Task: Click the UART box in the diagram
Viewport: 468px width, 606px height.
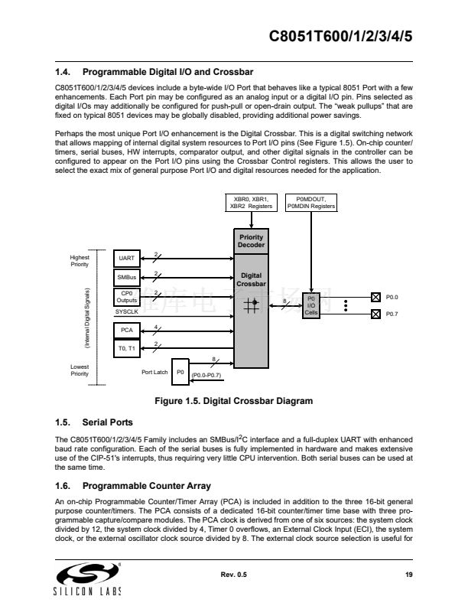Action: tap(127, 258)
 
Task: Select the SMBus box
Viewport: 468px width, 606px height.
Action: tap(127, 276)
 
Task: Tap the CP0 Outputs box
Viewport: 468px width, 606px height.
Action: tap(127, 296)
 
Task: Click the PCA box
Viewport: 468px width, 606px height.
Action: tap(127, 331)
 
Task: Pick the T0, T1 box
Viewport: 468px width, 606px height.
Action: tap(127, 348)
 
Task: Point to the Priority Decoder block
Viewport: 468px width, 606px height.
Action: tap(252, 241)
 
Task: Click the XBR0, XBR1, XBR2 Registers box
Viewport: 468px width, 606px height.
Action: tap(251, 203)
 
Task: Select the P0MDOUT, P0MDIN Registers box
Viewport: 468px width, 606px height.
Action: tap(310, 203)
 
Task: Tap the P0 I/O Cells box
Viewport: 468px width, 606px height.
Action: tap(311, 305)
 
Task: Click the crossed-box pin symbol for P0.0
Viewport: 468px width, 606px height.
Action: tap(375, 297)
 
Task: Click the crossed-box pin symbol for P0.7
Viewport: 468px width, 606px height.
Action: tap(375, 314)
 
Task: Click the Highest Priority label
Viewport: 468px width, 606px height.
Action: tap(80, 261)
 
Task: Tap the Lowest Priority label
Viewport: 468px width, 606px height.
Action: tap(80, 370)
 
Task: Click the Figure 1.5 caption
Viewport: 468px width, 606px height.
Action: tap(234, 401)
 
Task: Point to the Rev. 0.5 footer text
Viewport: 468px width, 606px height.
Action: tap(233, 575)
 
